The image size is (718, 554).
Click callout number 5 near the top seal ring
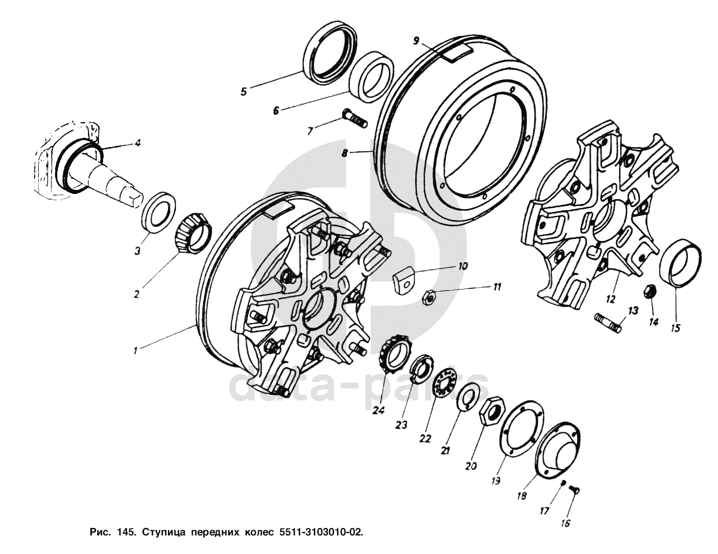pos(244,91)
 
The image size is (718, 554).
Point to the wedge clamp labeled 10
pos(403,281)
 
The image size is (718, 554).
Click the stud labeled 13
pos(608,324)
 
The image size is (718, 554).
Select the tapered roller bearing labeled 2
pos(193,234)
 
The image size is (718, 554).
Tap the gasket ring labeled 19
pos(521,429)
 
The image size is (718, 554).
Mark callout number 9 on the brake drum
pos(416,41)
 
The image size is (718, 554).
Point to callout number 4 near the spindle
pos(137,143)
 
